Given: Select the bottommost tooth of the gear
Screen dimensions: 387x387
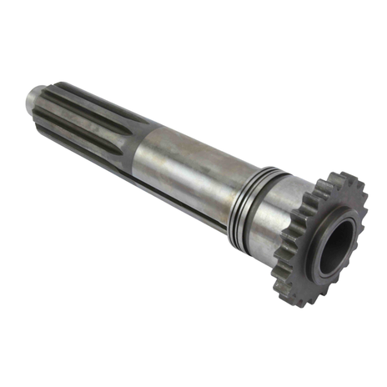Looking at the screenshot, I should [299, 300].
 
